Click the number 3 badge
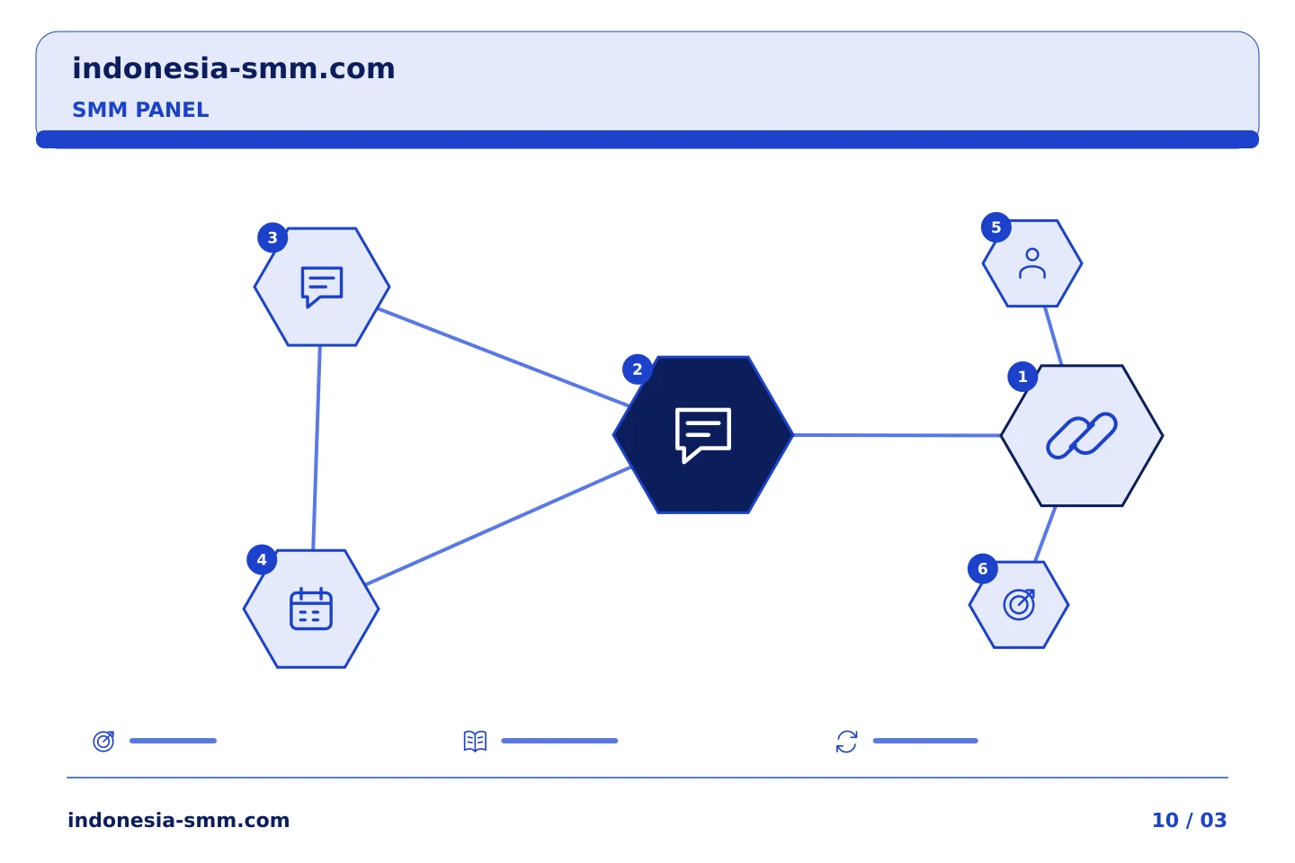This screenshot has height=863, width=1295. point(272,237)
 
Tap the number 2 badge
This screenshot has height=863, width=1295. point(637,369)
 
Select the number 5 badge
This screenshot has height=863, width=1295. point(996,227)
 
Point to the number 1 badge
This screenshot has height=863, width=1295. point(1023,377)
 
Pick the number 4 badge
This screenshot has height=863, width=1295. point(262,559)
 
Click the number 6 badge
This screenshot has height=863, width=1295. point(982,569)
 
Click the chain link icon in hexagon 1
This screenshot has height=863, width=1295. point(1081,436)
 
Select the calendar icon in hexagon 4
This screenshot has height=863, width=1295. point(311,609)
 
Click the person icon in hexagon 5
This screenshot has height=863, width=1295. point(1032,263)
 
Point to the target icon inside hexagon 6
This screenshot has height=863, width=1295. point(1019,605)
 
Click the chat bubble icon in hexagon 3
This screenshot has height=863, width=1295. point(322,287)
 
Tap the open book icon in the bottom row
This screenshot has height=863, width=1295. point(475,741)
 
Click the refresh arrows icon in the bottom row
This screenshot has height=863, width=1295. point(846,742)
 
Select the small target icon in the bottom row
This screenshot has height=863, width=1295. point(104,741)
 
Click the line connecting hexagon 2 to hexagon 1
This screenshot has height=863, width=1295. point(897,435)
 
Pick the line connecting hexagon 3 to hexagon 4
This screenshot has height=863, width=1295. point(317,448)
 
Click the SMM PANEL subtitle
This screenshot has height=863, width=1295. point(140,110)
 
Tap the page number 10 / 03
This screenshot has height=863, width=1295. point(1189,820)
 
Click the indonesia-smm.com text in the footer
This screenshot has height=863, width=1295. point(179,820)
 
